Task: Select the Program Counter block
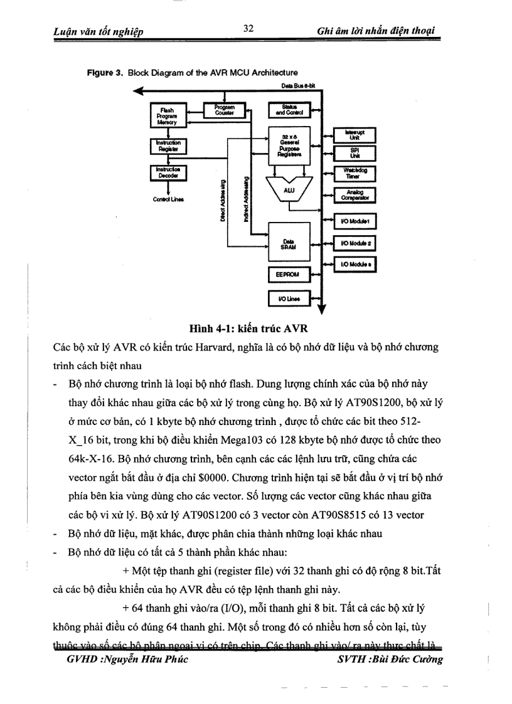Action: [224, 109]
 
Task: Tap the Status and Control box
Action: [289, 110]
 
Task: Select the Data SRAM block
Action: [289, 244]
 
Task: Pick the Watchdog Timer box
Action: [355, 174]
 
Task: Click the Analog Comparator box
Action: [355, 195]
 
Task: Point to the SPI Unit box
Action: [355, 154]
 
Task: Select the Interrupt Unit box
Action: [355, 134]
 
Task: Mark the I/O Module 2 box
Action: [355, 243]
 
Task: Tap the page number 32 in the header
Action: [247, 28]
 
